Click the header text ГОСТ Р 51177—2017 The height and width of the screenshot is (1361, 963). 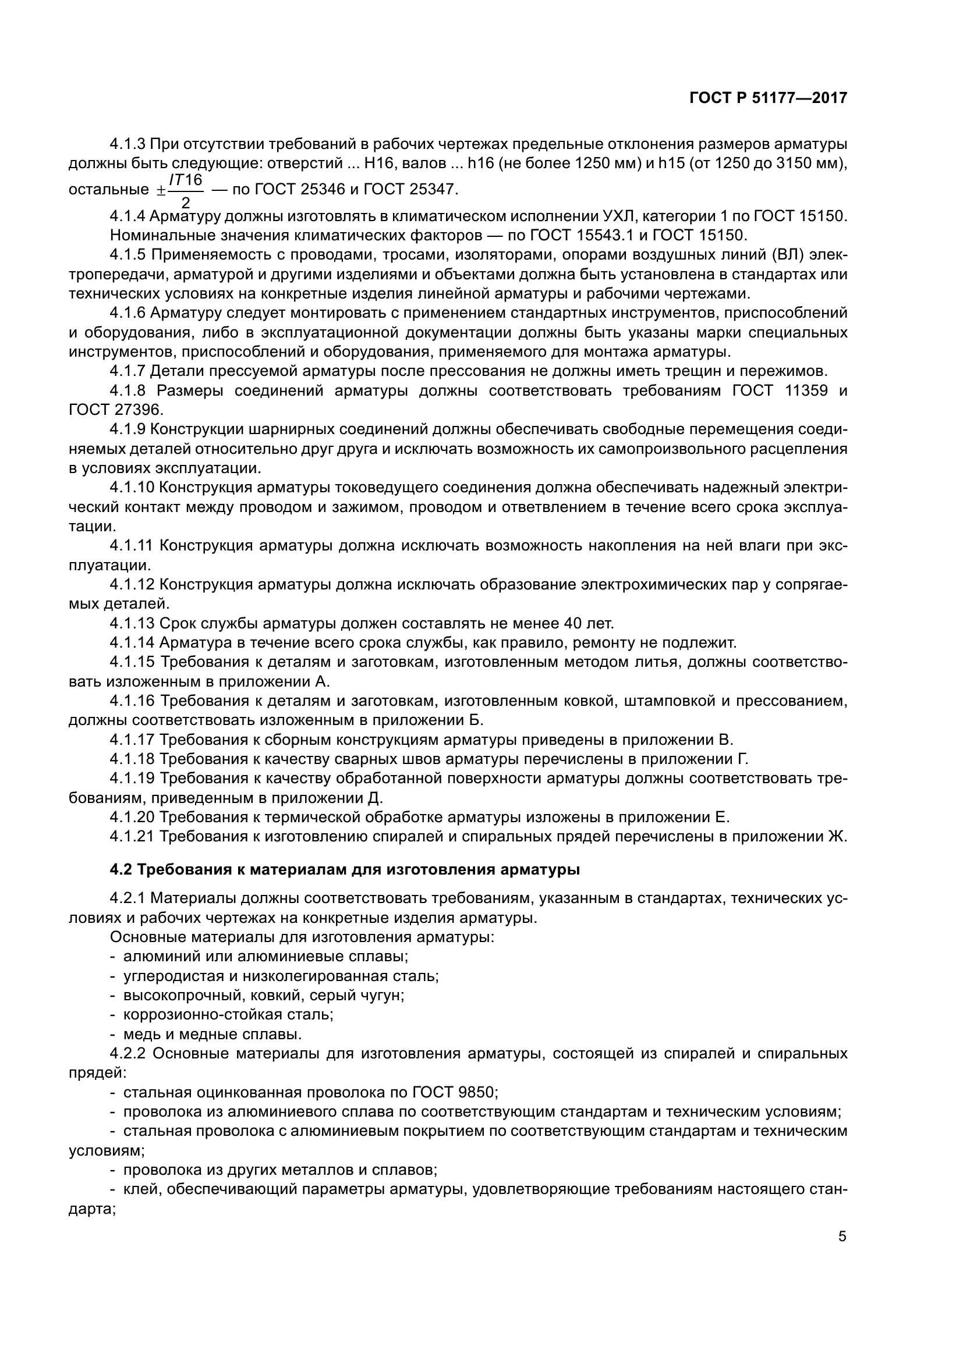[768, 98]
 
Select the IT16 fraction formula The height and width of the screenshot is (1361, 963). [186, 190]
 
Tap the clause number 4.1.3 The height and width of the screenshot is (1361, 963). [128, 144]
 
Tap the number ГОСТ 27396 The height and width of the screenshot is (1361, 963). [116, 410]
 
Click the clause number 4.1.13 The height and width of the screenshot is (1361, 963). [132, 624]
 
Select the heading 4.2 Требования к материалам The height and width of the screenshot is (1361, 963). [344, 869]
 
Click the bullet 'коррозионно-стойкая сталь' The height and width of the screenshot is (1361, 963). [228, 1014]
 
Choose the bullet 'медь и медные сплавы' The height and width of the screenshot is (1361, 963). [213, 1035]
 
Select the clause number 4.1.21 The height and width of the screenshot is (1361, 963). [132, 836]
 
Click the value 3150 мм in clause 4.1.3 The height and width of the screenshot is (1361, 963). [809, 163]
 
